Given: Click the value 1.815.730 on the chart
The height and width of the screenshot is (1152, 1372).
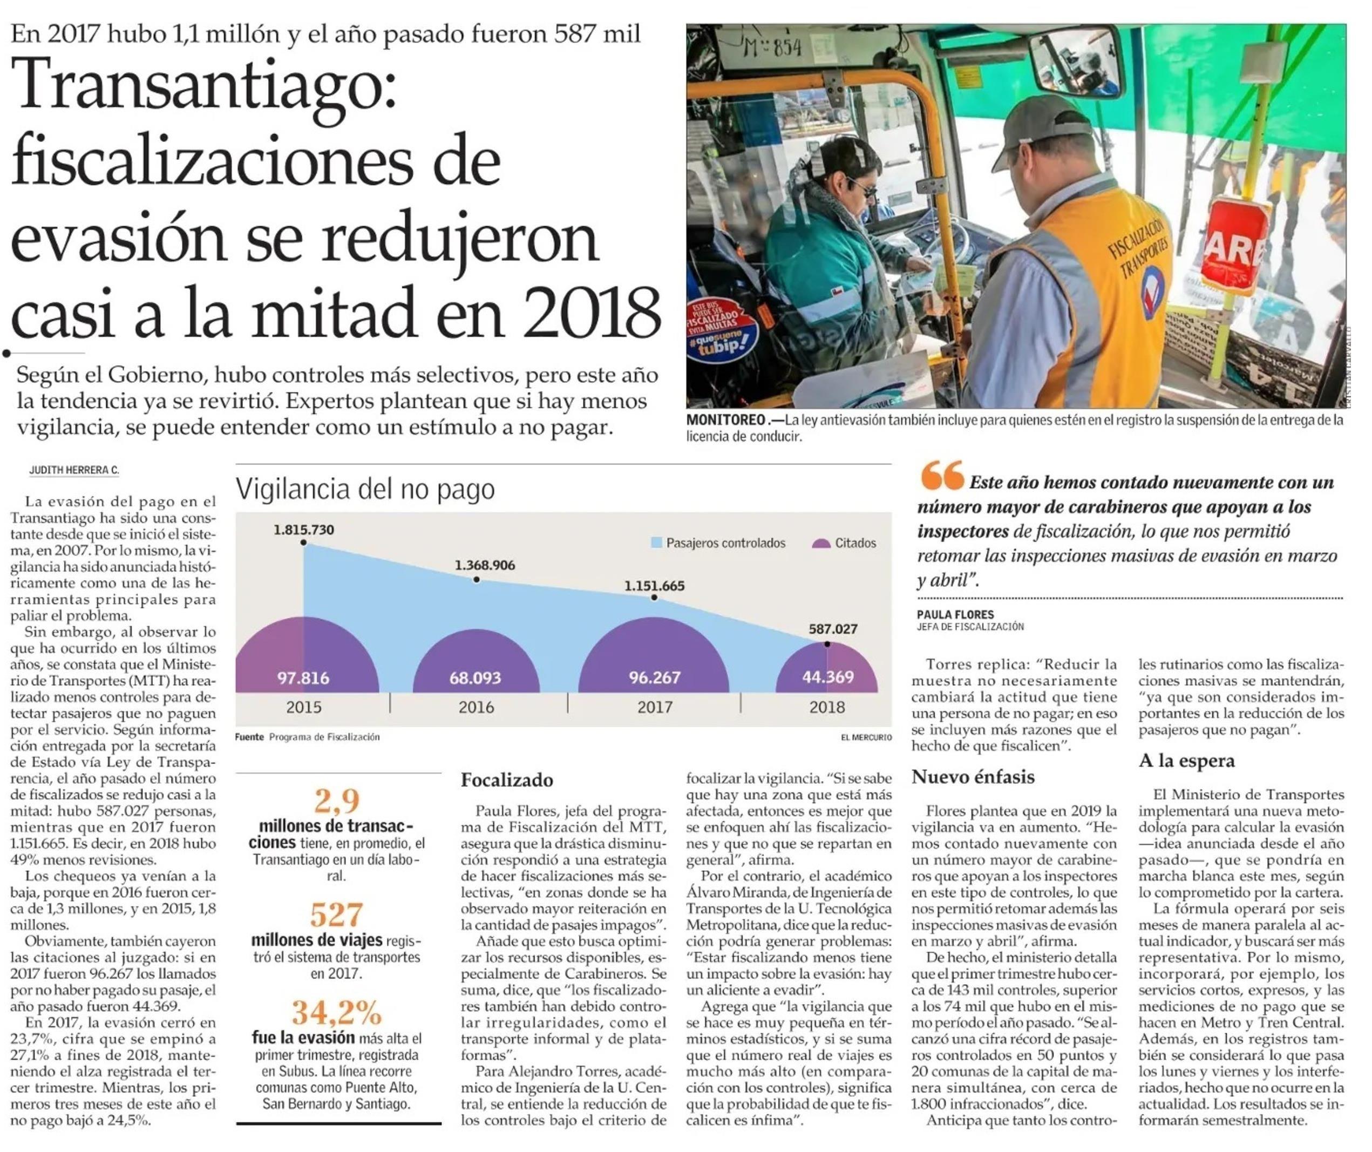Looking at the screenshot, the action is pyautogui.click(x=304, y=529).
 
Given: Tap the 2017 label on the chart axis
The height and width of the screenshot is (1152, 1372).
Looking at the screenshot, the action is pyautogui.click(x=655, y=707).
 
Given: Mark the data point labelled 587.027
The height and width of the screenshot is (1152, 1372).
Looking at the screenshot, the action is pyautogui.click(x=827, y=643).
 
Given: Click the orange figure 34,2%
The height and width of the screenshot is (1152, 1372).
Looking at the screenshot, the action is pyautogui.click(x=336, y=1013).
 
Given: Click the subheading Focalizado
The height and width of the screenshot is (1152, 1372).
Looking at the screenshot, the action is pyautogui.click(x=507, y=780).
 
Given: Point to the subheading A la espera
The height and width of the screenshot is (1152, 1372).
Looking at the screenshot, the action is pyautogui.click(x=1186, y=761).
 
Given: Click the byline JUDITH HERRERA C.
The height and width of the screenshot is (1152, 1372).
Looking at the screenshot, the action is pyautogui.click(x=74, y=470).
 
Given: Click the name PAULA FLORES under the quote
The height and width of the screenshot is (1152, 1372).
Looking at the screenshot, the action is pyautogui.click(x=955, y=614).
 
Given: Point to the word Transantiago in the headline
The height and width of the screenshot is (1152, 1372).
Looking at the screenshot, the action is pyautogui.click(x=205, y=84).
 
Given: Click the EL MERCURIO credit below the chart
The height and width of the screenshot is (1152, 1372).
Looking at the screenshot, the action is pyautogui.click(x=866, y=737).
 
